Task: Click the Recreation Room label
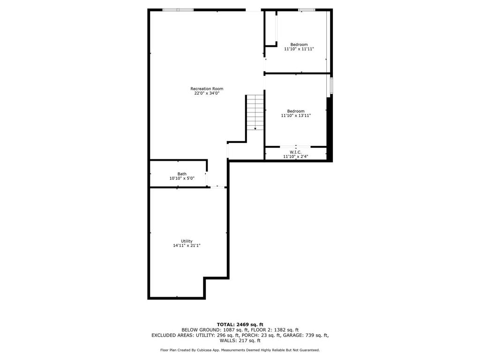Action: coord(207,89)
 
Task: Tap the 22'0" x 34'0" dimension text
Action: coord(207,93)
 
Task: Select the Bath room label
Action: coord(182,174)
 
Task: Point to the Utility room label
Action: coord(187,241)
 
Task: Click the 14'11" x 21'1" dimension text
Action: coord(187,246)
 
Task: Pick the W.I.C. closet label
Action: coord(295,152)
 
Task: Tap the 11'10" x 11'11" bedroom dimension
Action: coord(299,49)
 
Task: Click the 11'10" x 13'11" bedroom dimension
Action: coord(296,115)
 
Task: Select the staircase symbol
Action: coord(255,112)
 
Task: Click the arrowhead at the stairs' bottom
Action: coord(255,128)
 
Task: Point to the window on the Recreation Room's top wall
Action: coord(178,9)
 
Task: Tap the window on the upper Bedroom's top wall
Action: coord(307,9)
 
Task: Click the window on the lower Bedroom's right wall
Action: coord(331,86)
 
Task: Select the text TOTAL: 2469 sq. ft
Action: coord(240,324)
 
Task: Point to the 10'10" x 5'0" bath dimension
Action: coord(182,179)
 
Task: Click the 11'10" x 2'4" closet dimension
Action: coord(295,157)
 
